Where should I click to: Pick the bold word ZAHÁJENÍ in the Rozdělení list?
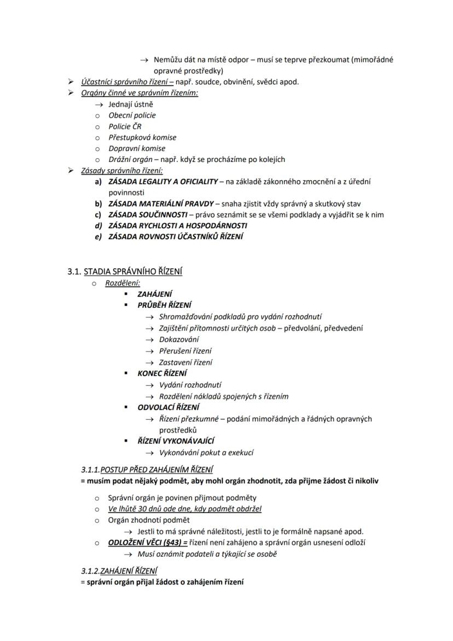(155, 294)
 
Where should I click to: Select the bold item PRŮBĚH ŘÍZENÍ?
(164, 305)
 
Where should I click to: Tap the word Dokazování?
(179, 339)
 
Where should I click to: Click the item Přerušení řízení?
(185, 351)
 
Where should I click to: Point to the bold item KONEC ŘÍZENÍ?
(162, 373)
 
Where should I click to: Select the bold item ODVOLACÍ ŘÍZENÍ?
(169, 407)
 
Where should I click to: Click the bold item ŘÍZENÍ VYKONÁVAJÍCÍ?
(176, 441)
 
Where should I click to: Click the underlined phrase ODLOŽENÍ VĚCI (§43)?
(148, 542)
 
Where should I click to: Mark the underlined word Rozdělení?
(123, 283)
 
